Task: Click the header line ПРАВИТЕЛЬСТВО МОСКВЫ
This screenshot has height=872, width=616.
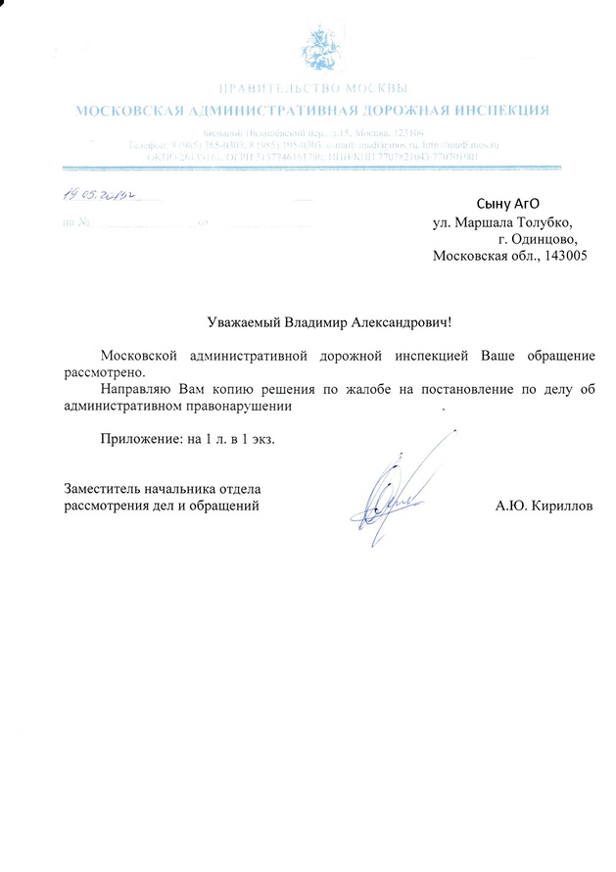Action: coord(312,91)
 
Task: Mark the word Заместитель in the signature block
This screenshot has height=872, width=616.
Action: coord(104,488)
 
